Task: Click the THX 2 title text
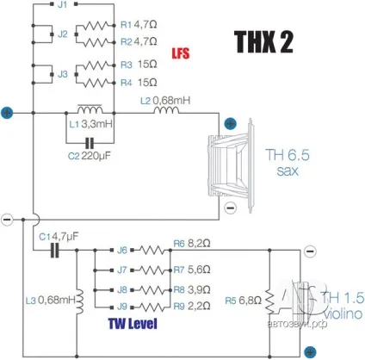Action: (x=264, y=42)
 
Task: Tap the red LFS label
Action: (x=181, y=53)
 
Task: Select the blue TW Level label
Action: (x=133, y=324)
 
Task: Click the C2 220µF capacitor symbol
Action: (x=90, y=143)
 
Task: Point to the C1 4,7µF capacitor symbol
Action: (x=55, y=250)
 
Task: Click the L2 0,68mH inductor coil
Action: (x=166, y=110)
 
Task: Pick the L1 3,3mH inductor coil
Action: (x=90, y=109)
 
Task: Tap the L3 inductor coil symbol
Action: (x=79, y=301)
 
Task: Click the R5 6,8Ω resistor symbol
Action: (x=269, y=301)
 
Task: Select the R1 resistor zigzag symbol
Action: (x=96, y=26)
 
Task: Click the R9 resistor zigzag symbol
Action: (x=152, y=307)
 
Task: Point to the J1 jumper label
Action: (x=63, y=4)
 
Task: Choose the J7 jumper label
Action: (x=122, y=270)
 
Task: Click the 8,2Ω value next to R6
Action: (x=199, y=244)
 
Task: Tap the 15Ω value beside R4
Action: (x=147, y=83)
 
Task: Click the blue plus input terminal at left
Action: (x=7, y=113)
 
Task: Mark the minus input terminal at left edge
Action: (x=7, y=220)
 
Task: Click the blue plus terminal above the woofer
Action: (x=230, y=124)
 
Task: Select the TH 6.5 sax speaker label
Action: (x=288, y=163)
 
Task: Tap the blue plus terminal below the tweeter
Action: (x=310, y=351)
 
